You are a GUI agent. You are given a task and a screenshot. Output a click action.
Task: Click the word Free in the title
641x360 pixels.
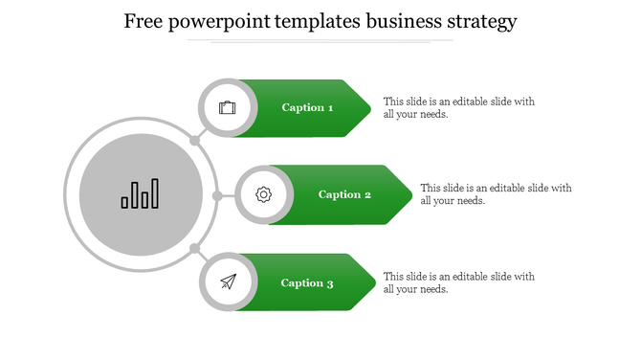pyautogui.click(x=147, y=21)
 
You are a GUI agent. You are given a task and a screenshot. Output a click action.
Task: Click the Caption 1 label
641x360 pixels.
pyautogui.click(x=307, y=108)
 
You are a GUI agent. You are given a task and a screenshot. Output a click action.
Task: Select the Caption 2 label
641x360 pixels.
pyautogui.click(x=344, y=195)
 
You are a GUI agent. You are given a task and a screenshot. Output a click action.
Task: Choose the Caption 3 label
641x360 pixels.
pyautogui.click(x=307, y=283)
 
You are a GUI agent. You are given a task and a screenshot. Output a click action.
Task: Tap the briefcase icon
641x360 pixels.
pyautogui.click(x=227, y=107)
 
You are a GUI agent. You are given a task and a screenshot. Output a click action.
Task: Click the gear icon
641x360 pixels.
pyautogui.click(x=264, y=195)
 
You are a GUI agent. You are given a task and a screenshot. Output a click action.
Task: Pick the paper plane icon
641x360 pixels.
pyautogui.click(x=227, y=282)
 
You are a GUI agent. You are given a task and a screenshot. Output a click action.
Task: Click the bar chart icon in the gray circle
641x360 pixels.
pyautogui.click(x=140, y=194)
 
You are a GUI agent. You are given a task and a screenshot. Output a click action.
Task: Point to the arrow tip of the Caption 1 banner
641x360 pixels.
pyautogui.click(x=369, y=108)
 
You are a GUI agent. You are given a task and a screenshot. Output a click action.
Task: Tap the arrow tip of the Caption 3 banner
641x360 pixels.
pyautogui.click(x=372, y=282)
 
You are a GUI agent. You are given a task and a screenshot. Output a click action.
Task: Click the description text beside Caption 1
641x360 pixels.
pyautogui.click(x=458, y=107)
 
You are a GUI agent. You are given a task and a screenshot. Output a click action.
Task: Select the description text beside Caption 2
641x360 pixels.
pyautogui.click(x=496, y=194)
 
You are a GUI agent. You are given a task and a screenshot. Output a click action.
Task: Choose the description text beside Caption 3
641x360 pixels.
pyautogui.click(x=458, y=282)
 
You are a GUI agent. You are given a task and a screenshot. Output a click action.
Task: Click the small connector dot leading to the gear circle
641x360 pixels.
pyautogui.click(x=217, y=195)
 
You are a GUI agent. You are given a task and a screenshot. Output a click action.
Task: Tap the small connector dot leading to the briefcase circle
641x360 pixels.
pyautogui.click(x=194, y=141)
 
